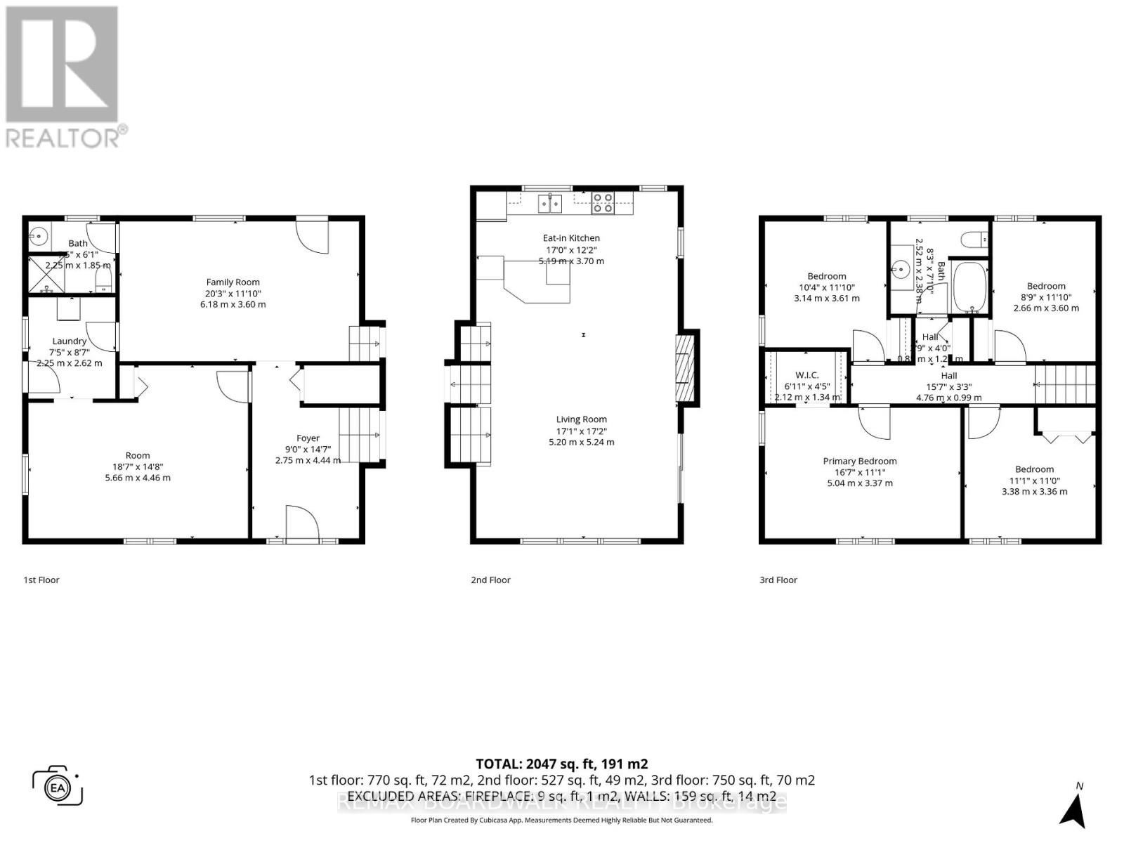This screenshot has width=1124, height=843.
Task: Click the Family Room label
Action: [x=233, y=282]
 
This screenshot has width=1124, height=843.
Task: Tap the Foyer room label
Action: [x=308, y=438]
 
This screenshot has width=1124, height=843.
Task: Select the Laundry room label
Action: [x=69, y=341]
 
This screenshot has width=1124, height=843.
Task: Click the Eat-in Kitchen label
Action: [x=571, y=238]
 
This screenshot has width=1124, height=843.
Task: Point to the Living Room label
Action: [x=581, y=419]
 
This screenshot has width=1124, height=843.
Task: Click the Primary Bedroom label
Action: [x=859, y=461]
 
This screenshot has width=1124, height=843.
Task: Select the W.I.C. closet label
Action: [x=807, y=375]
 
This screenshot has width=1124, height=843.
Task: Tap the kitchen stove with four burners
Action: [x=602, y=202]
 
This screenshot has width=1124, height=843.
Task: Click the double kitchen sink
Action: [x=550, y=204]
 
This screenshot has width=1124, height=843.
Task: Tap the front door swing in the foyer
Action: [x=303, y=523]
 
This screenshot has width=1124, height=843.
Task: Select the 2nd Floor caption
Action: [x=490, y=580]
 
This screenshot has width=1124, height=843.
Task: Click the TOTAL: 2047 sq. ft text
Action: [x=561, y=764]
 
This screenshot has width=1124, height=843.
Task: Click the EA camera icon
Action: [x=58, y=787]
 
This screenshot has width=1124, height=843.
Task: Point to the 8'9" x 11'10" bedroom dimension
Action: [x=1045, y=297]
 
